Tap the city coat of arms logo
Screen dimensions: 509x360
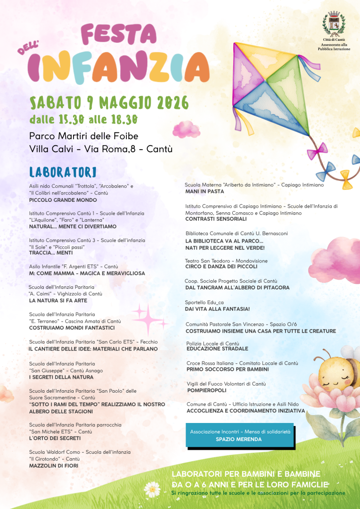(x=334, y=24)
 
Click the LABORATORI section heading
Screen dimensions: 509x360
(x=63, y=172)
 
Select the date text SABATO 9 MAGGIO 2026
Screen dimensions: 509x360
(x=109, y=103)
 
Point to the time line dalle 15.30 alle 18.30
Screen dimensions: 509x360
(x=83, y=119)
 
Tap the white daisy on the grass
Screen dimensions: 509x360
(x=152, y=490)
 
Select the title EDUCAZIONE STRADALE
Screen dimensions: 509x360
(x=217, y=349)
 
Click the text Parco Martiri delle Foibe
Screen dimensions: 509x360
(x=84, y=136)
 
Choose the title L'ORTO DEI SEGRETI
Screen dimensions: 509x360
(x=55, y=438)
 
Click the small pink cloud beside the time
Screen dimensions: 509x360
(x=186, y=129)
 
